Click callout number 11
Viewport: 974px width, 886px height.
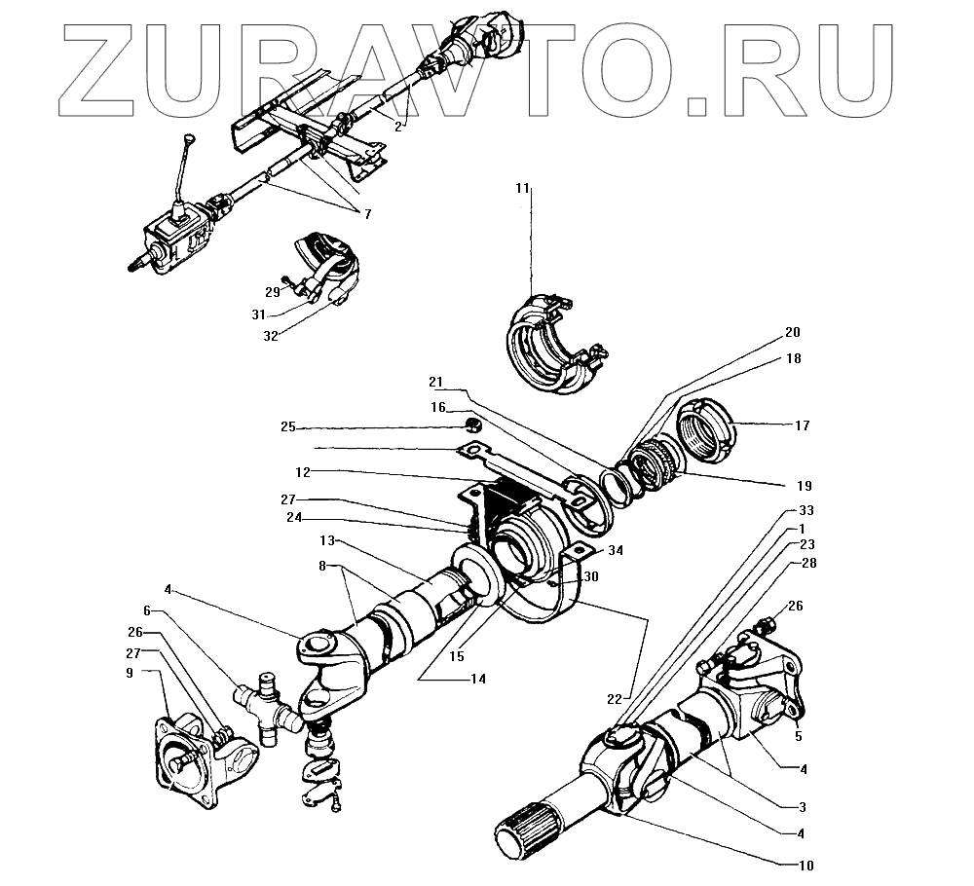pyautogui.click(x=524, y=187)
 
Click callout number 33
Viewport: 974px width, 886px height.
pyautogui.click(x=805, y=510)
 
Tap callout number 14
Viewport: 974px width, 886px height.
pyautogui.click(x=477, y=679)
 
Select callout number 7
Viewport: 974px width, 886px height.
pyautogui.click(x=368, y=212)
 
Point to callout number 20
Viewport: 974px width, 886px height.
pyautogui.click(x=793, y=331)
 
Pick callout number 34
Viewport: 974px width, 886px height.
pyautogui.click(x=615, y=550)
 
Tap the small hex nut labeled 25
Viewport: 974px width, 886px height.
pyautogui.click(x=473, y=425)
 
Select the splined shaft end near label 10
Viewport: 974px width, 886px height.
pyautogui.click(x=525, y=833)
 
